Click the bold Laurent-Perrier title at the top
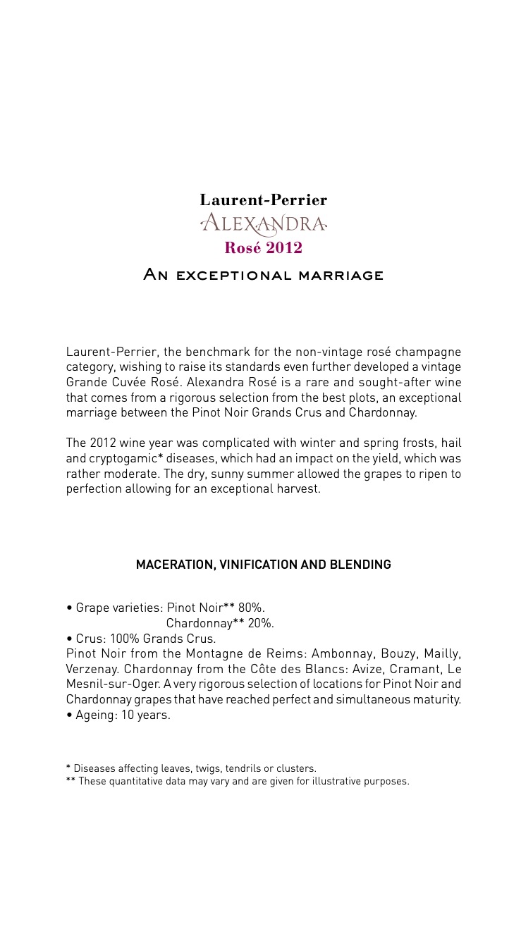(263, 200)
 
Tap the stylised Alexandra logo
(263, 224)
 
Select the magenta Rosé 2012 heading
(263, 248)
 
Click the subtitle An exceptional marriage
(263, 275)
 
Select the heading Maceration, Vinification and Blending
(263, 565)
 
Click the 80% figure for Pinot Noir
(251, 608)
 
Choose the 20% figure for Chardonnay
(260, 623)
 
